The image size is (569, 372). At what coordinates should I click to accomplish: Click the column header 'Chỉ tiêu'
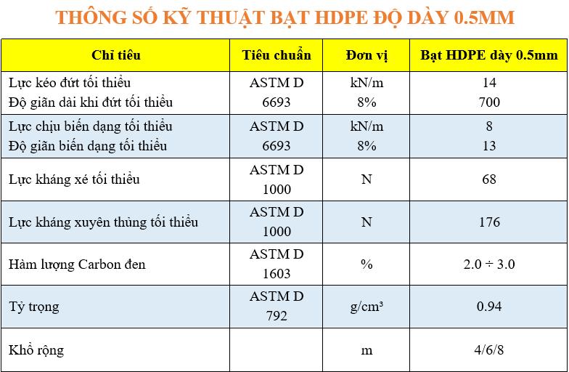[116, 55]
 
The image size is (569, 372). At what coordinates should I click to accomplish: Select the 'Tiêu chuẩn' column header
[277, 55]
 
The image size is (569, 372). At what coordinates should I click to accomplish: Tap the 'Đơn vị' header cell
[367, 55]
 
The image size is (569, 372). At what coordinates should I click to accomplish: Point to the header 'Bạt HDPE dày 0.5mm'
[489, 55]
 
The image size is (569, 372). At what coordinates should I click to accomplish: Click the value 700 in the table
[489, 102]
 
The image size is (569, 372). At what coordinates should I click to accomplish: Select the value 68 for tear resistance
[489, 179]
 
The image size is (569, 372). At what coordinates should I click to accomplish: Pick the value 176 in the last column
[489, 222]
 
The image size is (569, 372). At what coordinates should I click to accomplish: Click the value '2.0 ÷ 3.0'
[489, 264]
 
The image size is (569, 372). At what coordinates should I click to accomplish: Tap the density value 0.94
[489, 307]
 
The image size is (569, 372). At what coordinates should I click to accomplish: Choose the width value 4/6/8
[489, 350]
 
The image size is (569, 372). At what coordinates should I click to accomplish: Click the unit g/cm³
[367, 307]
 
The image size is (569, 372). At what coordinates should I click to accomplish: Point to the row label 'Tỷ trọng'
[33, 307]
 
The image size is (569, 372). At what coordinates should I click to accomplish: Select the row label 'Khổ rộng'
[36, 350]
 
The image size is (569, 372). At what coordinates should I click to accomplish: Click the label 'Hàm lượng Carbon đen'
[77, 264]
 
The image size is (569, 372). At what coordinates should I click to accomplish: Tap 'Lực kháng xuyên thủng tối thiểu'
[103, 222]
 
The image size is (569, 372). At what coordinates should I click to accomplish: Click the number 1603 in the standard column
[277, 274]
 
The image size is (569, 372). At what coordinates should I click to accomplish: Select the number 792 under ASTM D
[277, 316]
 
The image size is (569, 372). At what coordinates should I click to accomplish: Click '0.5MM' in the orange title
[485, 17]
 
